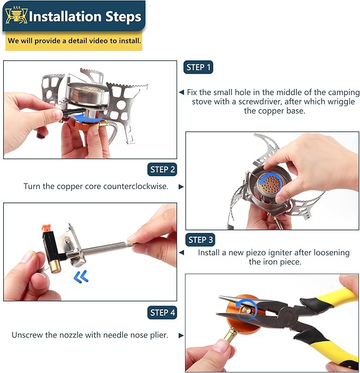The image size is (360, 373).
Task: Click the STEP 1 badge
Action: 198,67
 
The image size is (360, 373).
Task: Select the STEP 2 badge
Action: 162,170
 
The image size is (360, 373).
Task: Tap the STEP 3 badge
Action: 200,240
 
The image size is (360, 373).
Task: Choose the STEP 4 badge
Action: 162,313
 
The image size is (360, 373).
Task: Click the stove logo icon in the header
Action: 15,16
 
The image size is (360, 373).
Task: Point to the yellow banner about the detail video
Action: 74,41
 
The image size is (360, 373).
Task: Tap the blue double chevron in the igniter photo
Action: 81,276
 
